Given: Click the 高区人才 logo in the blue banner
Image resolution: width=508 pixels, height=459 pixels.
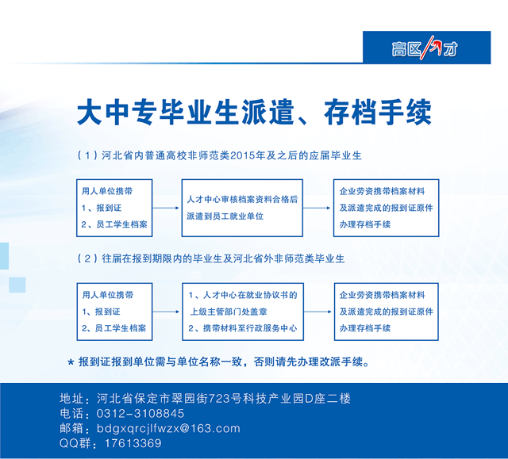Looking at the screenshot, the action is coord(425,48).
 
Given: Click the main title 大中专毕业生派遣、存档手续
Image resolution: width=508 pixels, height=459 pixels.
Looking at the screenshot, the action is coord(254,113).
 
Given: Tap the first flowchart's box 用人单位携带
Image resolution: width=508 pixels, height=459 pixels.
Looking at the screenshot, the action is coord(114,208).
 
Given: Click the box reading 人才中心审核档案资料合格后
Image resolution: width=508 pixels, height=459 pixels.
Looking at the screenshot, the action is coord(242,208).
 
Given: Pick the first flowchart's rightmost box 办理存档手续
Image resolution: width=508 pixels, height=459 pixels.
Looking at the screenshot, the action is coord(387,208).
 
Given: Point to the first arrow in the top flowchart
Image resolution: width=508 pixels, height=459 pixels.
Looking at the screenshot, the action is coord(166,208).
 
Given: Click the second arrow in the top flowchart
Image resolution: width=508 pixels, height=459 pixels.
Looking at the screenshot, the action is coord(317,208).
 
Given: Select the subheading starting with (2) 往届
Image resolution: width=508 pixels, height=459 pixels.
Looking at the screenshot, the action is coord(211,258).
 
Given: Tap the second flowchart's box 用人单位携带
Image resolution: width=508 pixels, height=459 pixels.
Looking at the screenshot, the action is coord(114,312).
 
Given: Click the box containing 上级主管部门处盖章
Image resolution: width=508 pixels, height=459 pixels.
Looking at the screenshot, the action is coord(243,312).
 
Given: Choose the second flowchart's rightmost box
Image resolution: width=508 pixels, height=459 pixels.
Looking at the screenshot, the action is coord(387,312).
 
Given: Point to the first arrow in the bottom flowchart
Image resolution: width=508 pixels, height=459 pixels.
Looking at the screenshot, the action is coord(166,312).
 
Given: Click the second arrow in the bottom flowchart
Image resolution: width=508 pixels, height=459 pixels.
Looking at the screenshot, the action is coord(317,312).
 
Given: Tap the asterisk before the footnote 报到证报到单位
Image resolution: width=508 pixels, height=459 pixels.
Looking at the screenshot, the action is coord(71,362).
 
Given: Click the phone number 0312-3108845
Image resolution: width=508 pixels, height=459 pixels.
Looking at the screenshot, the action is coord(140,413).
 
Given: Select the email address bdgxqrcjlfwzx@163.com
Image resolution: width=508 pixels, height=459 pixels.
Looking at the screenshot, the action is coord(168,429).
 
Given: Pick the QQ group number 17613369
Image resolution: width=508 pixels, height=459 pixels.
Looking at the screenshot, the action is coord(133,443).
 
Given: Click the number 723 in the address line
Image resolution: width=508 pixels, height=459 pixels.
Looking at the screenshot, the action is coord(219,399).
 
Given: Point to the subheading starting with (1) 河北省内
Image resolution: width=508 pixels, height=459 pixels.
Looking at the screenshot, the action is coord(219,155).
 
